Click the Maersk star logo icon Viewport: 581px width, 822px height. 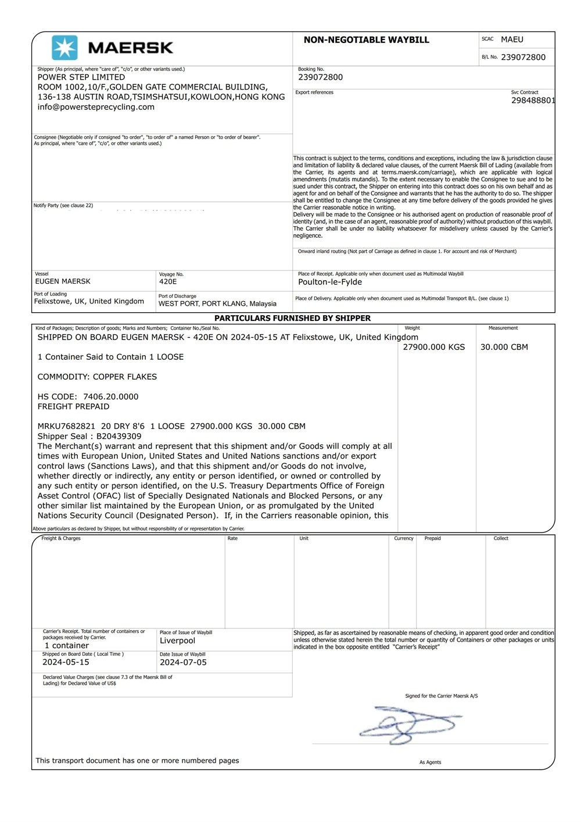(x=64, y=48)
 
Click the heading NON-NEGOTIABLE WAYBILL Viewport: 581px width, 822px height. (x=366, y=40)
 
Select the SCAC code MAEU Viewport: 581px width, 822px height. (x=512, y=40)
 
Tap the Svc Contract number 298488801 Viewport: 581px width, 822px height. (x=533, y=101)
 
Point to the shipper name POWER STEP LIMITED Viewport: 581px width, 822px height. (x=81, y=77)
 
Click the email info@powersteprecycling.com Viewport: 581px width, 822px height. (x=96, y=107)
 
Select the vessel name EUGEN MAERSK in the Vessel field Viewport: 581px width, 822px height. (x=63, y=281)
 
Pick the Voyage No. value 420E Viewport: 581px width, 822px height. (x=168, y=281)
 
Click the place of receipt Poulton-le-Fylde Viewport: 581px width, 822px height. (x=330, y=282)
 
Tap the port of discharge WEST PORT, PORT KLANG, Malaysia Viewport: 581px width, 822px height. (x=217, y=303)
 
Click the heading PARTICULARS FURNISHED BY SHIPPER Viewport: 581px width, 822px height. (x=292, y=318)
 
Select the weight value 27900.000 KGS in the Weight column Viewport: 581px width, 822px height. (x=434, y=347)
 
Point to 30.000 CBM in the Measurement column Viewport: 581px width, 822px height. (x=504, y=347)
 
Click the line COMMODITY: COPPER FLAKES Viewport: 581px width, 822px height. (x=97, y=377)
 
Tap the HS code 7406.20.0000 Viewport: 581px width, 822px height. (x=111, y=396)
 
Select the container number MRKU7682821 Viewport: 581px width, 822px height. (x=66, y=426)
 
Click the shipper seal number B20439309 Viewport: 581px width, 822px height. (x=119, y=436)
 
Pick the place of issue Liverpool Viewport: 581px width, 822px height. (x=177, y=641)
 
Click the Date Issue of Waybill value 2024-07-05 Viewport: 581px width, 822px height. (x=183, y=662)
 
